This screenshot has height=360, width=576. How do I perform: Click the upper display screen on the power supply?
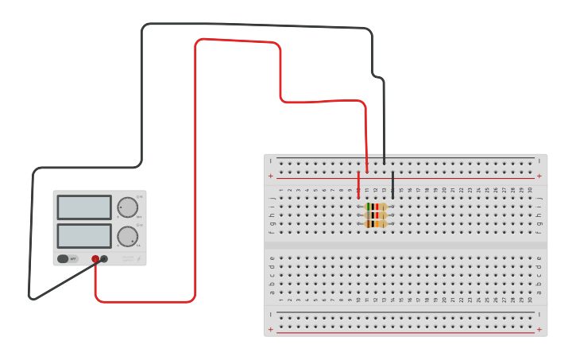(x=84, y=207)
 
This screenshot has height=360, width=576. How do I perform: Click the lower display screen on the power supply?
(x=84, y=235)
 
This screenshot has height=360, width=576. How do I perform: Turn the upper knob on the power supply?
(x=127, y=207)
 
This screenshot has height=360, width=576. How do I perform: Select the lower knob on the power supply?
(x=127, y=236)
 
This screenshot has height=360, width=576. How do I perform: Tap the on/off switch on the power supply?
(x=68, y=258)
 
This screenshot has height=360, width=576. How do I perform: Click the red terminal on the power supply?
(x=95, y=258)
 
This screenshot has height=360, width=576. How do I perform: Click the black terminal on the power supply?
(x=104, y=258)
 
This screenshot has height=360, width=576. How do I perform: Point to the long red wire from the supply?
(x=195, y=159)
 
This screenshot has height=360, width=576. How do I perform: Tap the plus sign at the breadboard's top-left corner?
(x=271, y=176)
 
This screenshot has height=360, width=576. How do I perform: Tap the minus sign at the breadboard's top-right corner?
(x=539, y=161)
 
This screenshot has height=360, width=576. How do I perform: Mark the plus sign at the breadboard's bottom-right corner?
(x=539, y=329)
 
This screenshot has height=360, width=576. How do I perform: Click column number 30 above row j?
(x=530, y=190)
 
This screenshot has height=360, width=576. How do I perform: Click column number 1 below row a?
(x=280, y=300)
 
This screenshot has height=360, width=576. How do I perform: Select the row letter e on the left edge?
(x=272, y=257)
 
